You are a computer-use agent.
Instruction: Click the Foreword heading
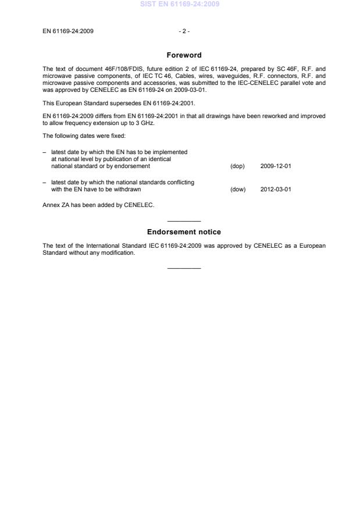coord(184,55)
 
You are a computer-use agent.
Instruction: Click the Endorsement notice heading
coord(184,232)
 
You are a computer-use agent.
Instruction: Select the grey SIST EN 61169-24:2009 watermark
coord(180,5)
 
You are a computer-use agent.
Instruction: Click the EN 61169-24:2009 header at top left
coord(68,31)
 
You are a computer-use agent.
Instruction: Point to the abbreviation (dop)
coord(237,166)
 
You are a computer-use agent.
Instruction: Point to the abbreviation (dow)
coord(238,189)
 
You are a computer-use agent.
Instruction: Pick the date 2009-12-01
coord(276,166)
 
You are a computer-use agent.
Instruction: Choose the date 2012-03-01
coord(276,189)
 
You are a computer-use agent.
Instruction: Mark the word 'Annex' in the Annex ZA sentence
coord(51,204)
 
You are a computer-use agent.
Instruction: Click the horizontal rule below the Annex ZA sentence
coord(184,221)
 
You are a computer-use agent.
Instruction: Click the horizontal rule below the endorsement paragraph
coord(184,268)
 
